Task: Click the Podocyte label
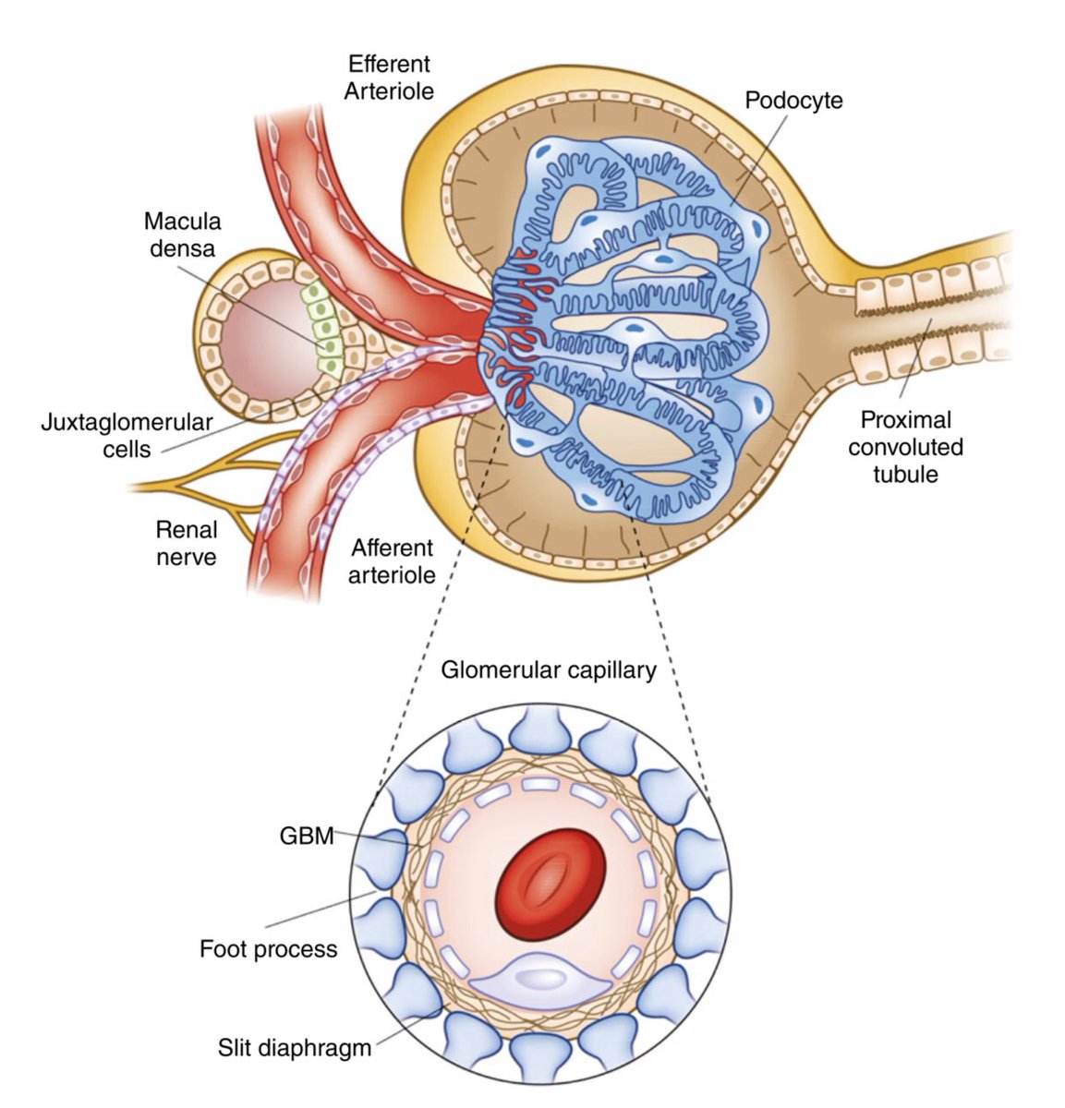793,100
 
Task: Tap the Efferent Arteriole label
389,78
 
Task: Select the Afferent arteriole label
392,560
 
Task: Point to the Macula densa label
182,235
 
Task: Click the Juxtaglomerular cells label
127,436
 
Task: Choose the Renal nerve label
186,543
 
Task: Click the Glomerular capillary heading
548,669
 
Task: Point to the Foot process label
268,948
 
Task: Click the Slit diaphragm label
295,1048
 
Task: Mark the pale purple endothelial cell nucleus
541,980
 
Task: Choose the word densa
182,247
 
